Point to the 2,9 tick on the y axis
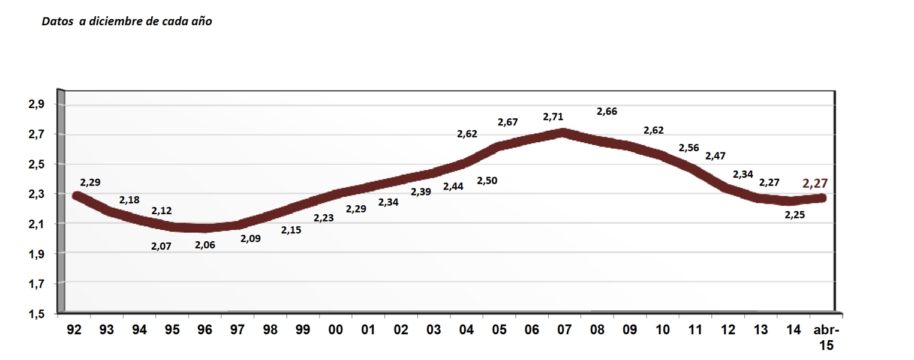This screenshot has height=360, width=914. pyautogui.click(x=37, y=104)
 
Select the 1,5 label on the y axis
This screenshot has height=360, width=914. pyautogui.click(x=37, y=314)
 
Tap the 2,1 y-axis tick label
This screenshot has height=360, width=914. pyautogui.click(x=37, y=224)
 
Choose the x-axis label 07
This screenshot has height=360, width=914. pyautogui.click(x=564, y=331)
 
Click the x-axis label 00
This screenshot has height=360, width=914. pyautogui.click(x=335, y=331)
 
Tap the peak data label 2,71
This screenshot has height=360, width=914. pyautogui.click(x=553, y=116)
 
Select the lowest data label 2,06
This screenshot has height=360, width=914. pyautogui.click(x=206, y=245)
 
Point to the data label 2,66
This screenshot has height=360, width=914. pyautogui.click(x=607, y=111)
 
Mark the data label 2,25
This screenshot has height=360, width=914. pyautogui.click(x=795, y=215)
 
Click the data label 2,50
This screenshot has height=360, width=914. pyautogui.click(x=487, y=180)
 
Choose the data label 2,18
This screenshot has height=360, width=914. pyautogui.click(x=130, y=200)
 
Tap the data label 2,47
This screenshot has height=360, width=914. pyautogui.click(x=715, y=155)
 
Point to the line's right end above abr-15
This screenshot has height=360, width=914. pyautogui.click(x=824, y=198)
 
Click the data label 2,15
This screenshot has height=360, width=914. pyautogui.click(x=291, y=230)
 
